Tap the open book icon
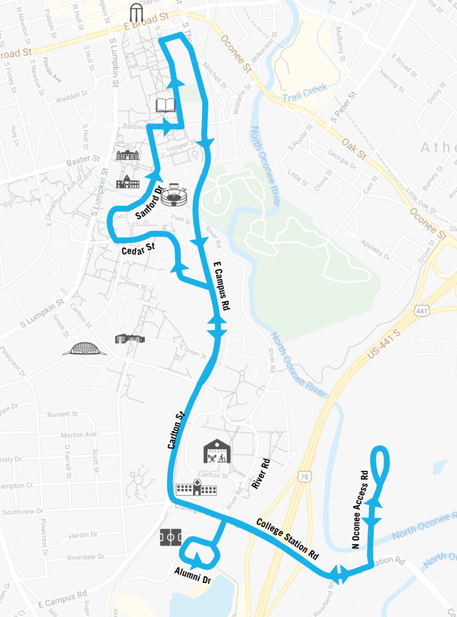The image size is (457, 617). coord(166,105)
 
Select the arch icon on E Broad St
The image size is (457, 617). coord(136,13)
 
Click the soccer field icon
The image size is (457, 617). coord(171,537)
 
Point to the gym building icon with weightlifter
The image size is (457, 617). coord(217,451)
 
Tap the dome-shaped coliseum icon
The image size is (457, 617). coord(84,349)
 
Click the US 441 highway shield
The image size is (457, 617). coord(422,311)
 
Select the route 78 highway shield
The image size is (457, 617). coord(305,477)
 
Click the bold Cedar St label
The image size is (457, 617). coord(138,249)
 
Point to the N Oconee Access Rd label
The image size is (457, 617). coord(360,510)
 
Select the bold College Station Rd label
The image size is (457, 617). coord(287,539)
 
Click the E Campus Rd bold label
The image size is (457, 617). coord(222,286)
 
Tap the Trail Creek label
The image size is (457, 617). coord(305,93)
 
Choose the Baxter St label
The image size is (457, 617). coord(83,160)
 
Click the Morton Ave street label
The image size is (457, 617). coord(79,435)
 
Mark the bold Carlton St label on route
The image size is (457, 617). coord(176,430)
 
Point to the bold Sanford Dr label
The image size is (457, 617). coord(149,203)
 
